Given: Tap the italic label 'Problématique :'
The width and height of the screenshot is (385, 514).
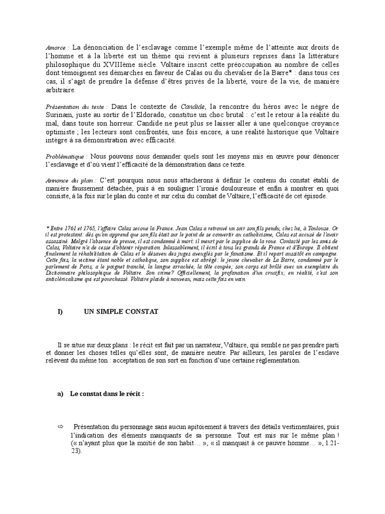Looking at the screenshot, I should click(x=67, y=157).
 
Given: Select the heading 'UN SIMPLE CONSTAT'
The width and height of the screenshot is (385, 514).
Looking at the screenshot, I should click(x=121, y=312).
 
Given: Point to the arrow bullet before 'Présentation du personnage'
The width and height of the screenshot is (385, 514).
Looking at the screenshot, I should click(x=61, y=426).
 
